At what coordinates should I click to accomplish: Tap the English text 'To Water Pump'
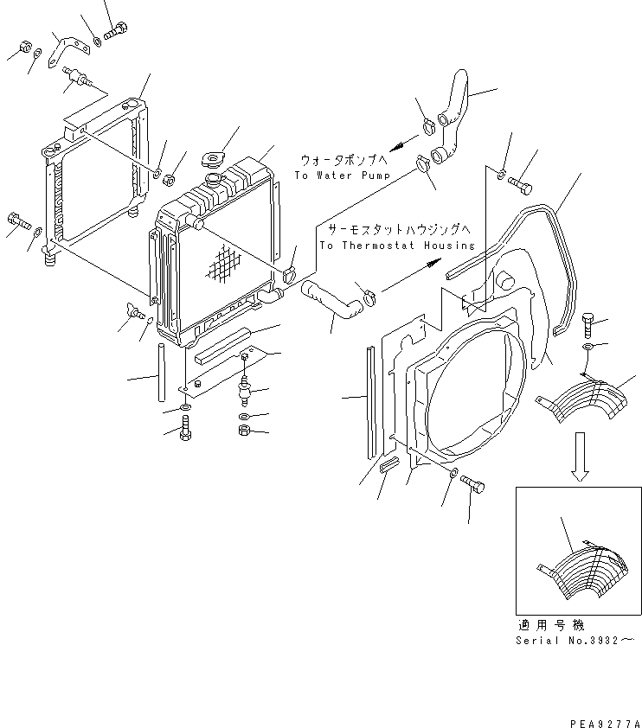[x=343, y=176]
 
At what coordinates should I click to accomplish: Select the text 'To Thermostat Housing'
[x=397, y=246]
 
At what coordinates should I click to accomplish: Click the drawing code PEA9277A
[x=606, y=724]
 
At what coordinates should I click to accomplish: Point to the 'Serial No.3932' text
[x=575, y=641]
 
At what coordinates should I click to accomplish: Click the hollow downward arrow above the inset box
[x=580, y=457]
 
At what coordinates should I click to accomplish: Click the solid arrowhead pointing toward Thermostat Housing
[x=433, y=264]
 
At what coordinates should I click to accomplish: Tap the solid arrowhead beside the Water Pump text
[x=397, y=147]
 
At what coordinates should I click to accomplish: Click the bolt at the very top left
[x=116, y=30]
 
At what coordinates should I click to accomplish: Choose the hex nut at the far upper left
[x=26, y=47]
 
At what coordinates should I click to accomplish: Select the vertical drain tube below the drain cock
[x=161, y=373]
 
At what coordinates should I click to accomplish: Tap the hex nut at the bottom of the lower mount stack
[x=244, y=431]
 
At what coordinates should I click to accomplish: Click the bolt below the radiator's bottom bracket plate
[x=185, y=427]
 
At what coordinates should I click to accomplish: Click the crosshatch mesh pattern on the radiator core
[x=224, y=264]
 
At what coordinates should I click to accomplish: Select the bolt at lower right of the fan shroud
[x=472, y=483]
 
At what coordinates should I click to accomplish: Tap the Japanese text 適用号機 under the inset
[x=550, y=625]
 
